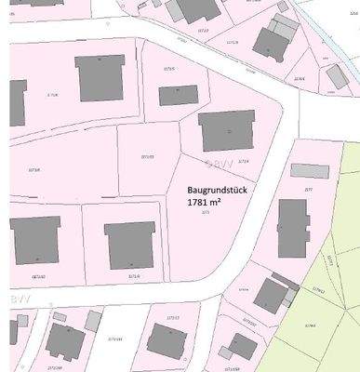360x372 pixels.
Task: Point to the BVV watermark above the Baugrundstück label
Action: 219,165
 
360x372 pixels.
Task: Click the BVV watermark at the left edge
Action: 16,299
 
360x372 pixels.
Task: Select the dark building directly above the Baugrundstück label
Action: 226,130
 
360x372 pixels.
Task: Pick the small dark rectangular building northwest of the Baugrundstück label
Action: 178,95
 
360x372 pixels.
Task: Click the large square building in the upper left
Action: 100,77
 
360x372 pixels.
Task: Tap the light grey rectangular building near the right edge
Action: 310,171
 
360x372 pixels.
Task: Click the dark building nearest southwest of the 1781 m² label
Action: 129,245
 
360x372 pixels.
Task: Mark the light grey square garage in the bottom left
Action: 93,321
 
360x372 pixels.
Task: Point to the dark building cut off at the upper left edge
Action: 18,101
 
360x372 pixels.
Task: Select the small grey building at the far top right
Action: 337,76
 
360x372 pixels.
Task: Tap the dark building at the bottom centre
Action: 167,339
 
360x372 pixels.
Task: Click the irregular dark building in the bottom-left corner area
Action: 64,341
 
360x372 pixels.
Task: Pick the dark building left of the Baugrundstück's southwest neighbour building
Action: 34,240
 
